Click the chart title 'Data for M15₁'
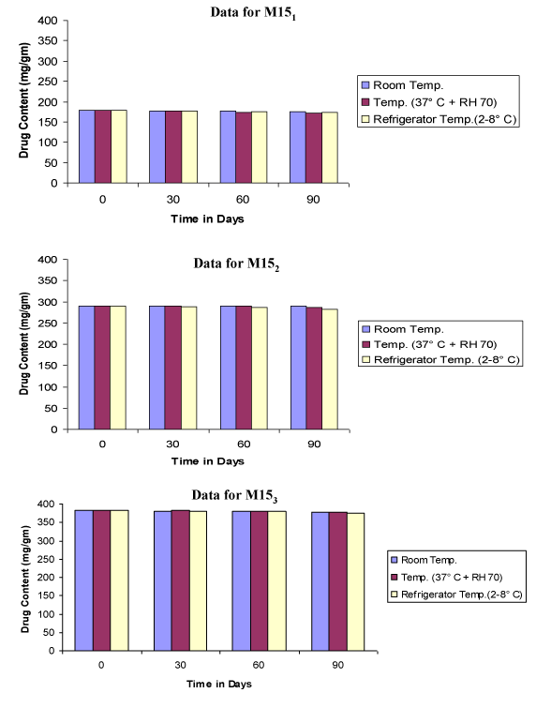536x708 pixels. coord(253,12)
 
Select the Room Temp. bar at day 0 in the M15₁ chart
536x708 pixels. coord(87,146)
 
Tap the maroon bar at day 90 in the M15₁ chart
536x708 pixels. coord(314,147)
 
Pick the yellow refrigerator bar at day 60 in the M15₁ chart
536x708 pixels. coord(260,147)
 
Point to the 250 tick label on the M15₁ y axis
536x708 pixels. coord(48,82)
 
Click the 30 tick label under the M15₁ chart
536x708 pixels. coord(172,199)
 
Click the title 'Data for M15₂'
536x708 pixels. coord(236,264)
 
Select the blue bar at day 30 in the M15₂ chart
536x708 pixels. coord(157,368)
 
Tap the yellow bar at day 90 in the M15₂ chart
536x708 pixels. coord(330,369)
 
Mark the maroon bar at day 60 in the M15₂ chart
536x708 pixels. coord(244,368)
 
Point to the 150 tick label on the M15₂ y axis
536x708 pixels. coord(48,366)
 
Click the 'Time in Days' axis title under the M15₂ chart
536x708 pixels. coord(208,461)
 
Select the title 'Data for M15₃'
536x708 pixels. coord(234,496)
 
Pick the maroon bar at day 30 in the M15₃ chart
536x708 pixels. coord(181,580)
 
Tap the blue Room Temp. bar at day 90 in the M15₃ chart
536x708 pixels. coord(320,581)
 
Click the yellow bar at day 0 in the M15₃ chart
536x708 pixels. coord(120,580)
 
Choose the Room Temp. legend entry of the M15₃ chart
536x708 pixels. coord(424,560)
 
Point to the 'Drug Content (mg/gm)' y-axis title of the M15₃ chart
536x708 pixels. coord(25,580)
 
